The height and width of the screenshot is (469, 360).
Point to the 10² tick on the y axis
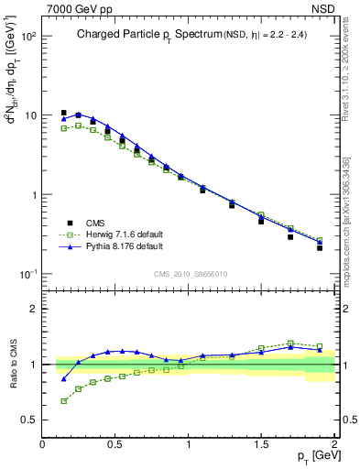[27, 37]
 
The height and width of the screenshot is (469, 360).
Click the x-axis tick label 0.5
[115, 444]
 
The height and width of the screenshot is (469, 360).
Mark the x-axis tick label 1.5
[261, 444]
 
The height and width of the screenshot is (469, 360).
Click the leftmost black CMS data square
[63, 113]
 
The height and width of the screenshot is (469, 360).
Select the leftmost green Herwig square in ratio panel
[63, 401]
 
